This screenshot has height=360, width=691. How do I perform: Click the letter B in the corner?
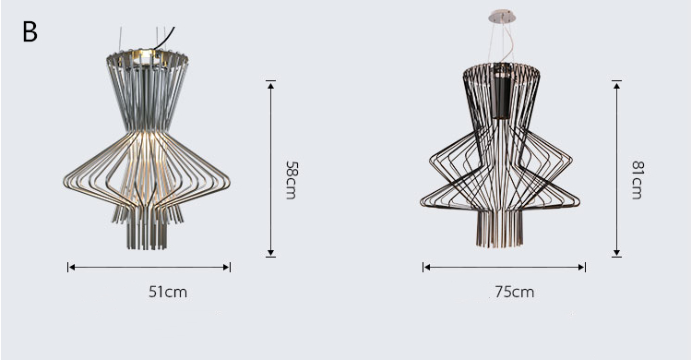30,32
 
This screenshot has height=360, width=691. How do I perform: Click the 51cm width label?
168,292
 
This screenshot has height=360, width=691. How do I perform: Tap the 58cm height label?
292,180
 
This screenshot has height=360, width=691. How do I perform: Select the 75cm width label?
514,292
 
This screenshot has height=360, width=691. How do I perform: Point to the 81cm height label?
637,180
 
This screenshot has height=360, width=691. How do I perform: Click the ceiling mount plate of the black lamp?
502,18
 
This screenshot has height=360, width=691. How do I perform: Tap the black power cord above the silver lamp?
164,39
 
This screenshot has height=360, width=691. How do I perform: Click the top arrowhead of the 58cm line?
270,85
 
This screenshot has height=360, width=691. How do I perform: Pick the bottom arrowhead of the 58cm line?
270,253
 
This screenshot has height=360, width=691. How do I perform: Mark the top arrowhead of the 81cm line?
616,85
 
